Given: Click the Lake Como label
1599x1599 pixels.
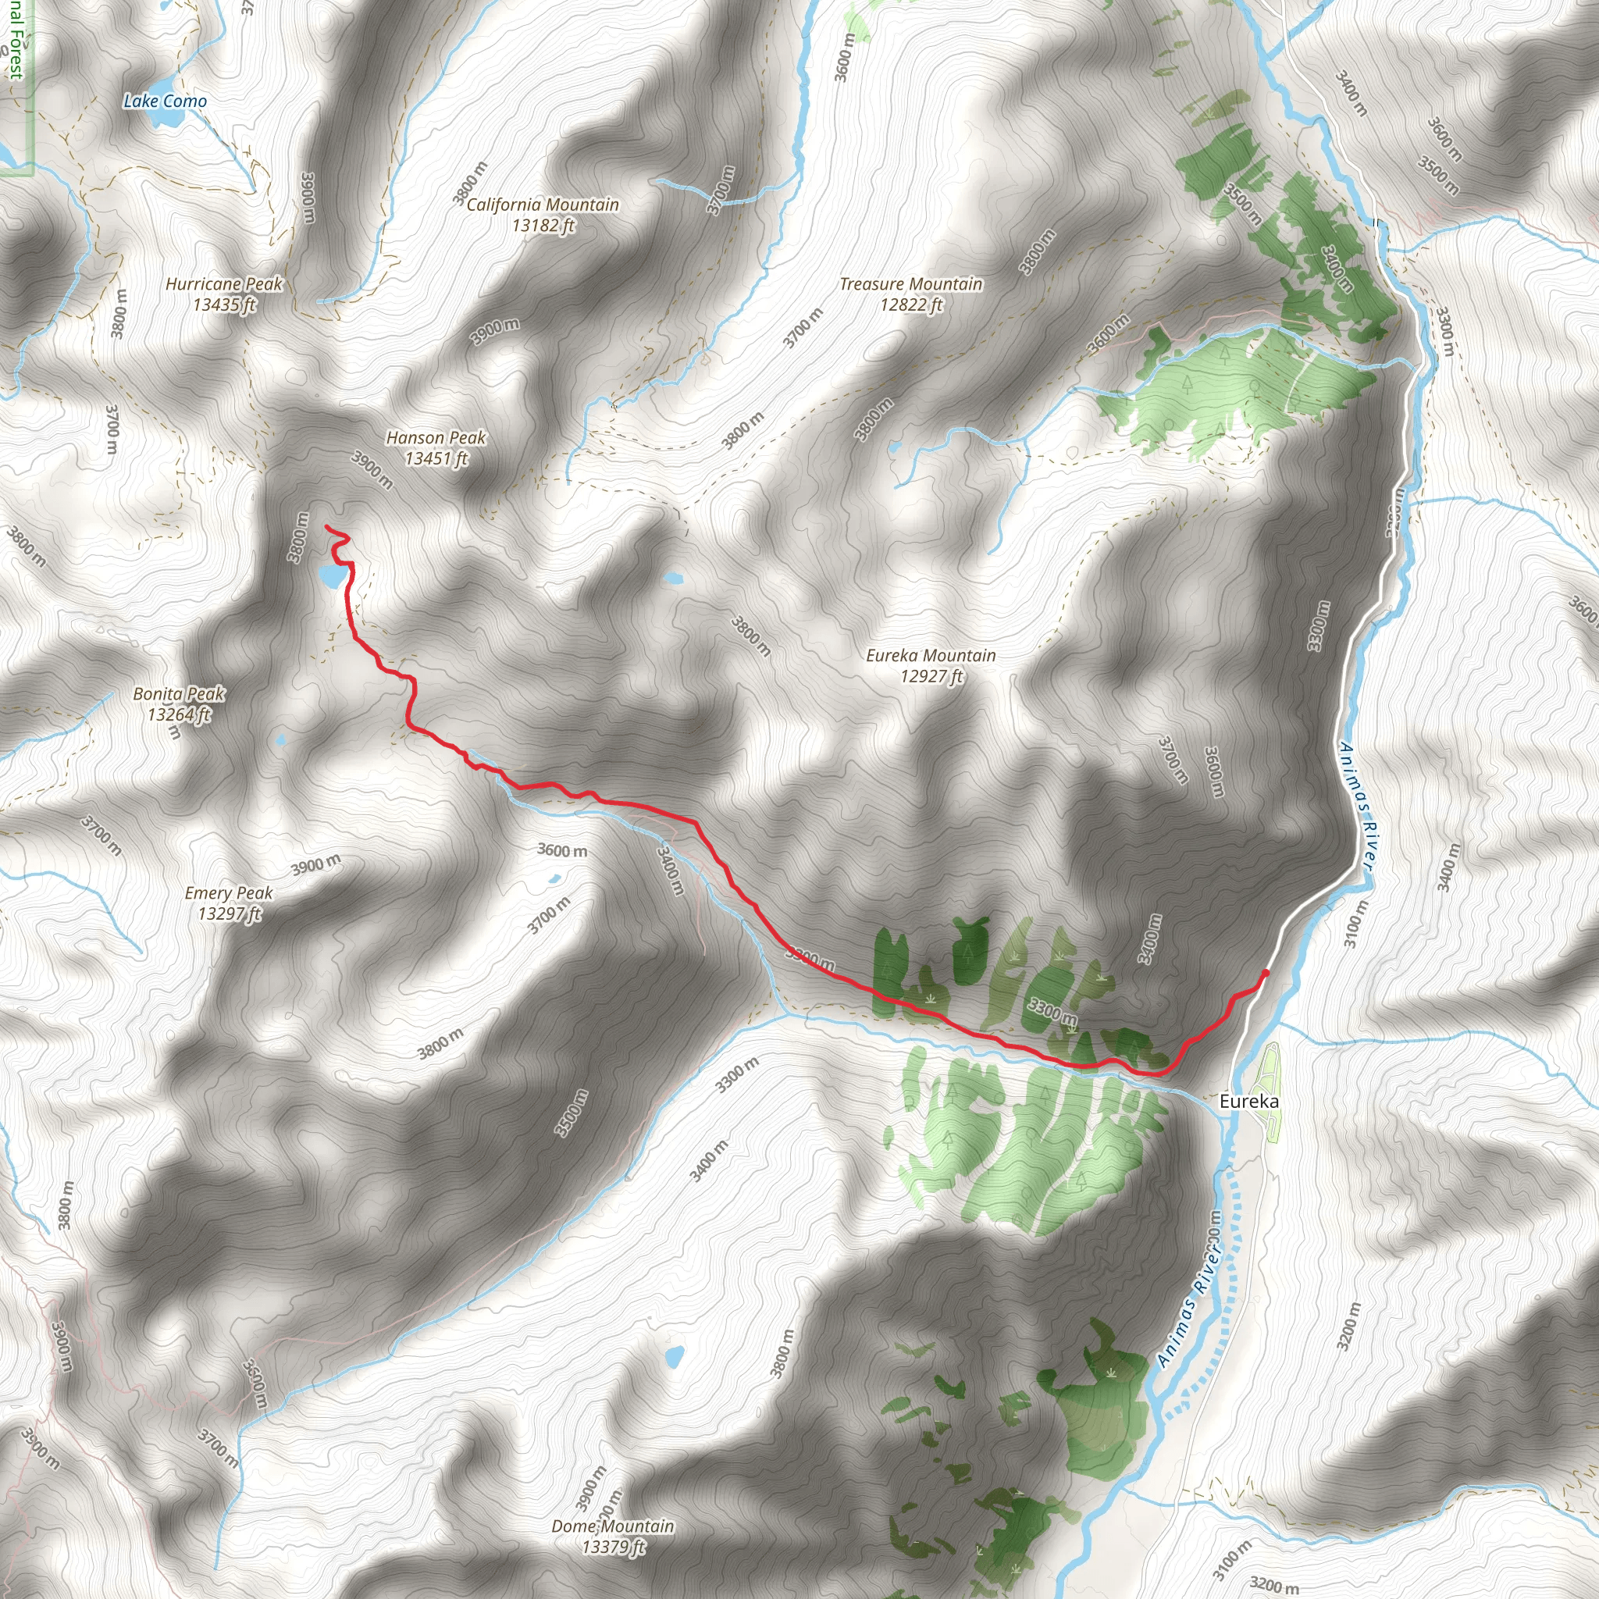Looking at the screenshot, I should (165, 101).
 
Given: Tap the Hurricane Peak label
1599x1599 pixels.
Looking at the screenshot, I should (223, 284).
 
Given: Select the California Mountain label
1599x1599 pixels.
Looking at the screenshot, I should (542, 205).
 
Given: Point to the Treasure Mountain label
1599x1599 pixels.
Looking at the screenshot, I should (910, 284).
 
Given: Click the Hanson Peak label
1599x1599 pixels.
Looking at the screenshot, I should (436, 437).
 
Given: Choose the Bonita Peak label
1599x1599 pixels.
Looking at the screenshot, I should (179, 693).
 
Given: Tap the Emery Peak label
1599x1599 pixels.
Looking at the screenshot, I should (229, 893).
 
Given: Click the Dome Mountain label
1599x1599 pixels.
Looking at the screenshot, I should (612, 1526).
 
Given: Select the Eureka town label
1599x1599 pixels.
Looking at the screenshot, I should (1249, 1101).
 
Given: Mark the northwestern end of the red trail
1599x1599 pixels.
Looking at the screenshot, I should (326, 527).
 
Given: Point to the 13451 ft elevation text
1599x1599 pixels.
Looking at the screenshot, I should (436, 458).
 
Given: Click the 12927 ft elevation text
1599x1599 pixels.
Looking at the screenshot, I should (931, 677).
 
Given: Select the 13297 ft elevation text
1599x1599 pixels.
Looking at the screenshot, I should (230, 913).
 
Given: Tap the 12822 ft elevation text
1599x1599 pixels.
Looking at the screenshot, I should (911, 305).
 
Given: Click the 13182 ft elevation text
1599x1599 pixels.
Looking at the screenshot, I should (543, 225).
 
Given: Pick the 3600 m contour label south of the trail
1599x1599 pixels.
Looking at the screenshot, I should (562, 850).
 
